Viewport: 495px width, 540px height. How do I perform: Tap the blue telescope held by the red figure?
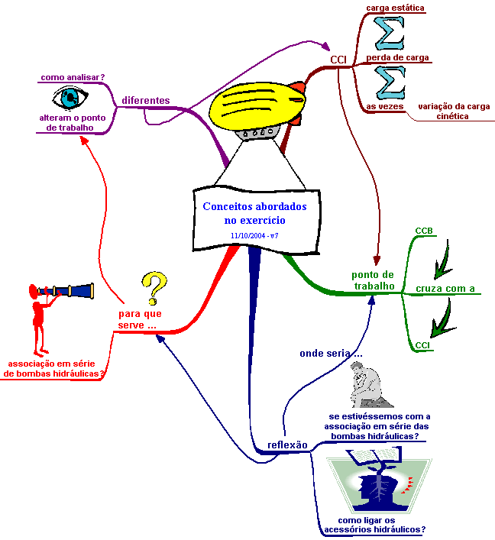pyautogui.click(x=66, y=291)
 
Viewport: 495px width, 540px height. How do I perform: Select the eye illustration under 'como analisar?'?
pyautogui.click(x=70, y=98)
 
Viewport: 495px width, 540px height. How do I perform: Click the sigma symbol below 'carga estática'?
pyautogui.click(x=390, y=33)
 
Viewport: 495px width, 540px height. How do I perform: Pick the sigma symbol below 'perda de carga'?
pyautogui.click(x=390, y=82)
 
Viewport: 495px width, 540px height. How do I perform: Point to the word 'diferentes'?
pyautogui.click(x=146, y=100)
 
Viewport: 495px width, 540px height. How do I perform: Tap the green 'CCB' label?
pyautogui.click(x=424, y=231)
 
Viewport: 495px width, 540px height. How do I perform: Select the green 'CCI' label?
pyautogui.click(x=422, y=345)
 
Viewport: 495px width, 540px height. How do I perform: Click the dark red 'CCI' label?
pyautogui.click(x=338, y=60)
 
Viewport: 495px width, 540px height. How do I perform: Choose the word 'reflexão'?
pyautogui.click(x=288, y=445)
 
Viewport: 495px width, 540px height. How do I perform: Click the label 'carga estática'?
pyautogui.click(x=395, y=8)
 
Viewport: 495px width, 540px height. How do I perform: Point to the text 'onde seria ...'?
pyautogui.click(x=331, y=354)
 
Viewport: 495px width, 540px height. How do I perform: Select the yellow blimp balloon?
pyautogui.click(x=257, y=105)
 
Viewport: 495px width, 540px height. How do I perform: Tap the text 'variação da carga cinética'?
pyautogui.click(x=454, y=112)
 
